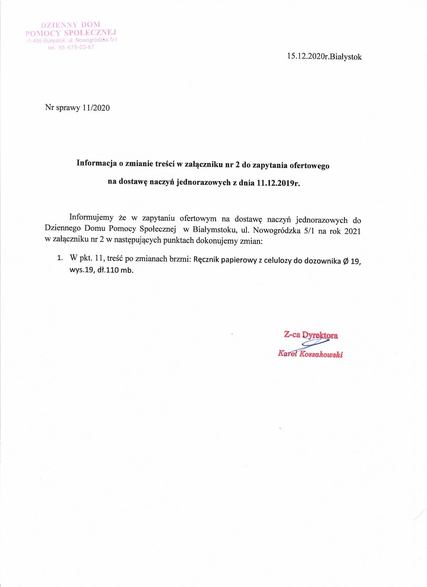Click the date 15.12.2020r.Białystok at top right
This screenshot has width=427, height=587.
point(324,57)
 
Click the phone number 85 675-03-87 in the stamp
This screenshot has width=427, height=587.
point(76,48)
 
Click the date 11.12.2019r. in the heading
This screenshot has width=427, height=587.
point(278,183)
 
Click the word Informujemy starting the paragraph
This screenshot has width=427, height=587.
point(91,217)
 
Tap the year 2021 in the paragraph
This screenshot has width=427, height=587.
point(352,231)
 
